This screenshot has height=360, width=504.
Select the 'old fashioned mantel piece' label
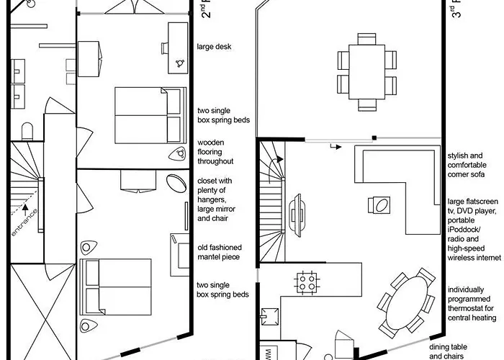pos(219,252)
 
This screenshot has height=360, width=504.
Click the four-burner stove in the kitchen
pos(306,279)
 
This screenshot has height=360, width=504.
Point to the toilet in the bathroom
pos(28,130)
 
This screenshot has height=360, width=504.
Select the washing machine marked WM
pos(268,354)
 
